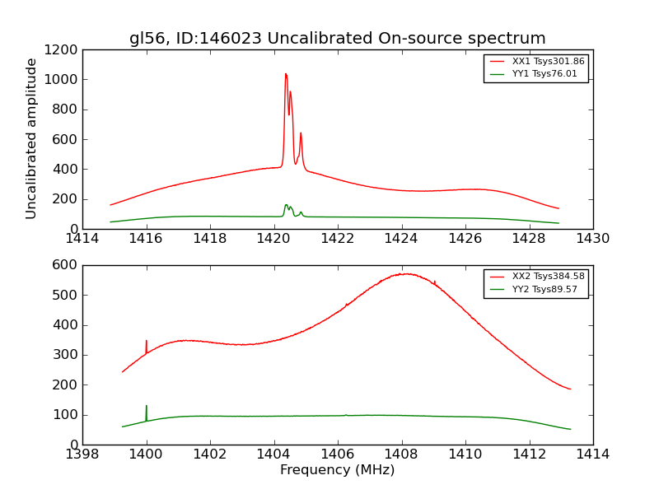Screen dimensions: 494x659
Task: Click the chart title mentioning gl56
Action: [337, 39]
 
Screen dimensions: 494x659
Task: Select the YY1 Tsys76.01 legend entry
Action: [544, 74]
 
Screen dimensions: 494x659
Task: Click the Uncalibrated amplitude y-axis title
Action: [32, 138]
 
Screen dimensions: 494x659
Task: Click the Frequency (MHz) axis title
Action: [337, 470]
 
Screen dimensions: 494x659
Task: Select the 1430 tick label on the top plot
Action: [592, 239]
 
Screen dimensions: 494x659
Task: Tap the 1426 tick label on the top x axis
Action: [465, 239]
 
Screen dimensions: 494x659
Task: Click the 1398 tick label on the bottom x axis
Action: [82, 454]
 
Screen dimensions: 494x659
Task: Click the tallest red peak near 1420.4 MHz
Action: [286, 74]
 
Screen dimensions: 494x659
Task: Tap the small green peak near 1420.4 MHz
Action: [287, 205]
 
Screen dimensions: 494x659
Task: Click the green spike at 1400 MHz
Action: [147, 406]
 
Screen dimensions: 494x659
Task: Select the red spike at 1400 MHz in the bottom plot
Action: [147, 341]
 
